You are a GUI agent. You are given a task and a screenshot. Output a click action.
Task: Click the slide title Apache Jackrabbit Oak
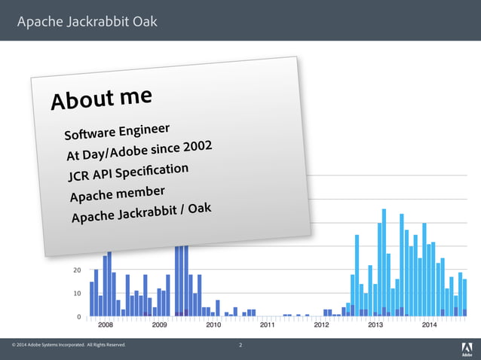point(87,21)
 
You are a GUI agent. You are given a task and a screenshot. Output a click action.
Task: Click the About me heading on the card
point(101,99)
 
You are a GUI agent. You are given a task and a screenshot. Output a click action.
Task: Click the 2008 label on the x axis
point(106,325)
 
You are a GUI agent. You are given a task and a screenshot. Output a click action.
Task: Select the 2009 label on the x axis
point(160,325)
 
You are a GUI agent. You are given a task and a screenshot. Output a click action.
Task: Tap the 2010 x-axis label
point(213,325)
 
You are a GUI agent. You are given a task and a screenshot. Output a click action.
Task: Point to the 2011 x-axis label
point(268,325)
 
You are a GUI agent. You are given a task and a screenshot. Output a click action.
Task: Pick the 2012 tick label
point(321,325)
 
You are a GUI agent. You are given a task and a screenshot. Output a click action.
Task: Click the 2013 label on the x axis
point(375,325)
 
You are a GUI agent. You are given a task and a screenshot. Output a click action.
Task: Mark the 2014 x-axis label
point(429,325)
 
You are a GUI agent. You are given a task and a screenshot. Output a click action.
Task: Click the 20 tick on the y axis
point(77,270)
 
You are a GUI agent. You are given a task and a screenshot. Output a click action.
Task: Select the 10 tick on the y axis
point(77,293)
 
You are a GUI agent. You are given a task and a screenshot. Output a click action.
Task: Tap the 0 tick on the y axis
point(79,317)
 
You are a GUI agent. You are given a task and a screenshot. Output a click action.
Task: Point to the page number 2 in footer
point(240,346)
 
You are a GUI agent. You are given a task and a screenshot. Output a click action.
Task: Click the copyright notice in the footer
point(69,346)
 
